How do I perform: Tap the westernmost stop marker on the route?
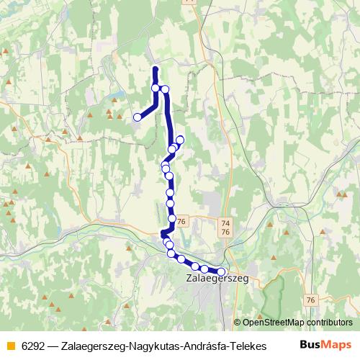138,117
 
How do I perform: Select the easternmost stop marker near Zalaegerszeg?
221,271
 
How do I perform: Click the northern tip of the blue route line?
156,68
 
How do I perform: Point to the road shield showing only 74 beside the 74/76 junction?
226,224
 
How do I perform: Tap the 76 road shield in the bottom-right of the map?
310,300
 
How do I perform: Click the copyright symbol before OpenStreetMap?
238,323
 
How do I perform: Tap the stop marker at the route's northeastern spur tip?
180,139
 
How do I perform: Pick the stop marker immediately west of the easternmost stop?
204,269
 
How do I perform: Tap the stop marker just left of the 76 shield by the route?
172,218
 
